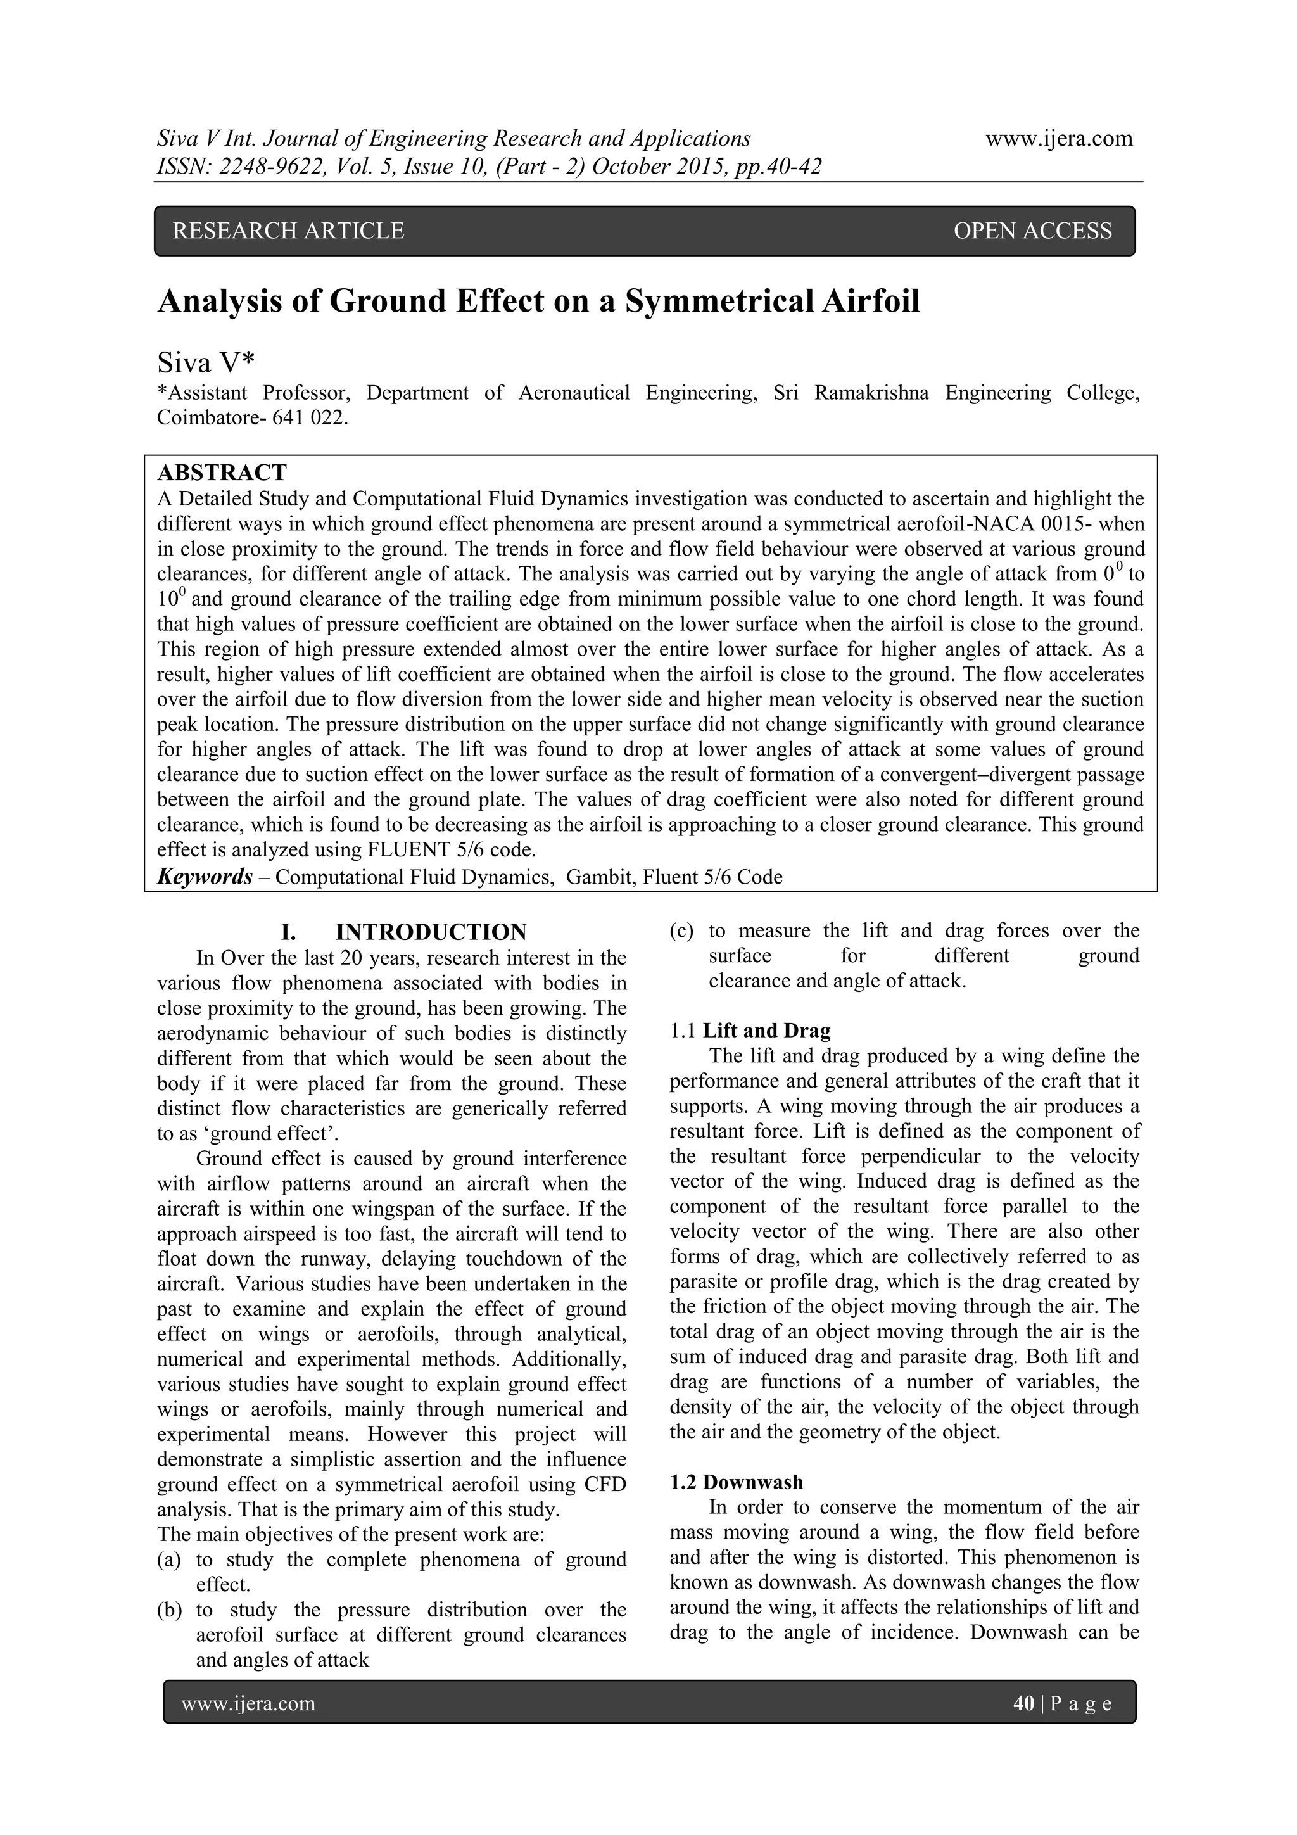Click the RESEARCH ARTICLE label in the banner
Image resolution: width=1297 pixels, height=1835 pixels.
(x=289, y=231)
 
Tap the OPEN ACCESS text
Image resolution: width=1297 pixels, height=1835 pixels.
(x=1032, y=231)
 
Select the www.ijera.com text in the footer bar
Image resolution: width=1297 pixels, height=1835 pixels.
(x=248, y=1704)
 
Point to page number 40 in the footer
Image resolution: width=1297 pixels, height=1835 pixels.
(x=1023, y=1704)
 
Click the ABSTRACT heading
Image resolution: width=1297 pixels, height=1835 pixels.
(x=222, y=473)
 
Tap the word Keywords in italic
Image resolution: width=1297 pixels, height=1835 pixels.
(x=205, y=877)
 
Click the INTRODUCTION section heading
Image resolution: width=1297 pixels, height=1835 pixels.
(x=431, y=932)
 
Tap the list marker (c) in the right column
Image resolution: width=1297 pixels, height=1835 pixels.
(x=681, y=931)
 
